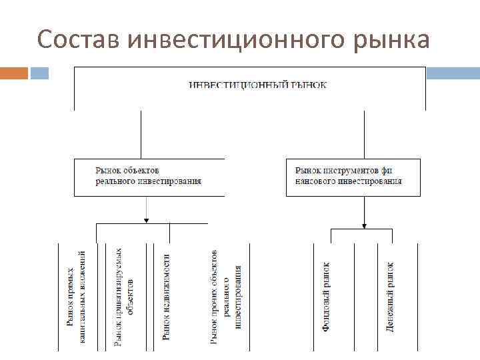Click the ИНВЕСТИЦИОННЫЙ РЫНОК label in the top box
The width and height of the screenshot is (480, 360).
click(258, 85)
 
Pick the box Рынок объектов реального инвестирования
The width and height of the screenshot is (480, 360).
click(149, 177)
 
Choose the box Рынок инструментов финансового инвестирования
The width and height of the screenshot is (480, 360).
click(353, 177)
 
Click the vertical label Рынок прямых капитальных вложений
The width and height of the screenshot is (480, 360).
click(76, 297)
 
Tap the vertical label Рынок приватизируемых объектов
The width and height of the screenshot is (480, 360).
click(124, 297)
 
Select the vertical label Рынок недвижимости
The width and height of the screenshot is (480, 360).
click(167, 297)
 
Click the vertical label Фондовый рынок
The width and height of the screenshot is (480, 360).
click(327, 297)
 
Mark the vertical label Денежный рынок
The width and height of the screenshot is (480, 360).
click(391, 297)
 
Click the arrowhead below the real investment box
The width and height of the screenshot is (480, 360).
click(146, 218)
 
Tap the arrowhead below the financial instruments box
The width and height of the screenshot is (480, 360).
click(364, 224)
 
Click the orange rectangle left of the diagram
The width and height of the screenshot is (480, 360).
click(13, 73)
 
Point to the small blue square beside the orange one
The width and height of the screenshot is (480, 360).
click(39, 73)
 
